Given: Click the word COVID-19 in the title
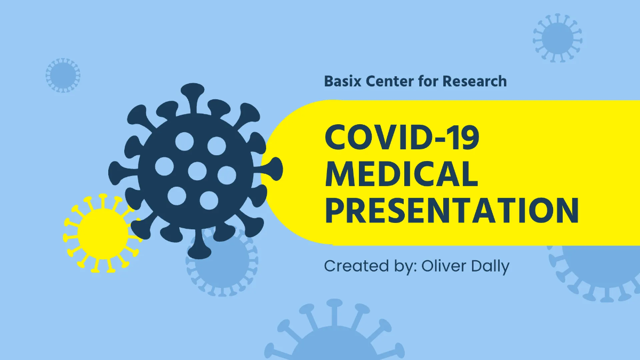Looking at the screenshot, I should [x=402, y=138].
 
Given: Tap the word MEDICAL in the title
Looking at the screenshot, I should [x=401, y=174].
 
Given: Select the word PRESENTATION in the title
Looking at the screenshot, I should [x=452, y=210].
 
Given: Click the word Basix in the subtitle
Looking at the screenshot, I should [x=343, y=82].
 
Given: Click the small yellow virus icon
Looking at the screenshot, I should [x=102, y=234].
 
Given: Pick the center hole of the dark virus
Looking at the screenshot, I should [x=197, y=171].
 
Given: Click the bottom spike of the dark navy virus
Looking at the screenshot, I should [x=199, y=248].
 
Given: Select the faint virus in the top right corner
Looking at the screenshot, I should [x=557, y=38].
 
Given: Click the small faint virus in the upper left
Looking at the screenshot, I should [x=62, y=75].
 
